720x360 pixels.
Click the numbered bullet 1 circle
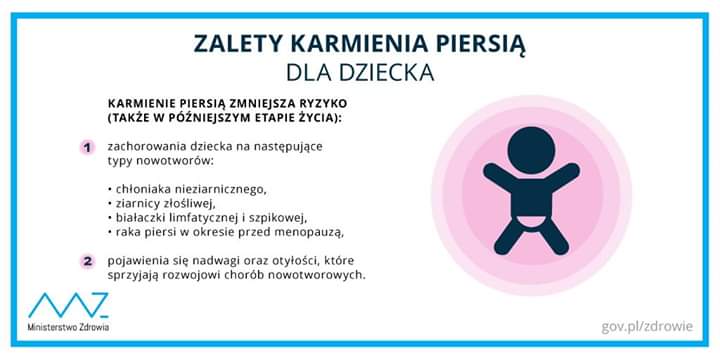[x=87, y=148]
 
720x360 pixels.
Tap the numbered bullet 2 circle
[x=87, y=262]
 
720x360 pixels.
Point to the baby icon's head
[x=531, y=150]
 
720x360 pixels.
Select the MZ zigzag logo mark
[x=68, y=305]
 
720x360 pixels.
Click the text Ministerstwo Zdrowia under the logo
[x=68, y=328]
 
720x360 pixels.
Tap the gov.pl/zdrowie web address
[x=647, y=326]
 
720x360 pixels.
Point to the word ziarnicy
[x=132, y=203]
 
